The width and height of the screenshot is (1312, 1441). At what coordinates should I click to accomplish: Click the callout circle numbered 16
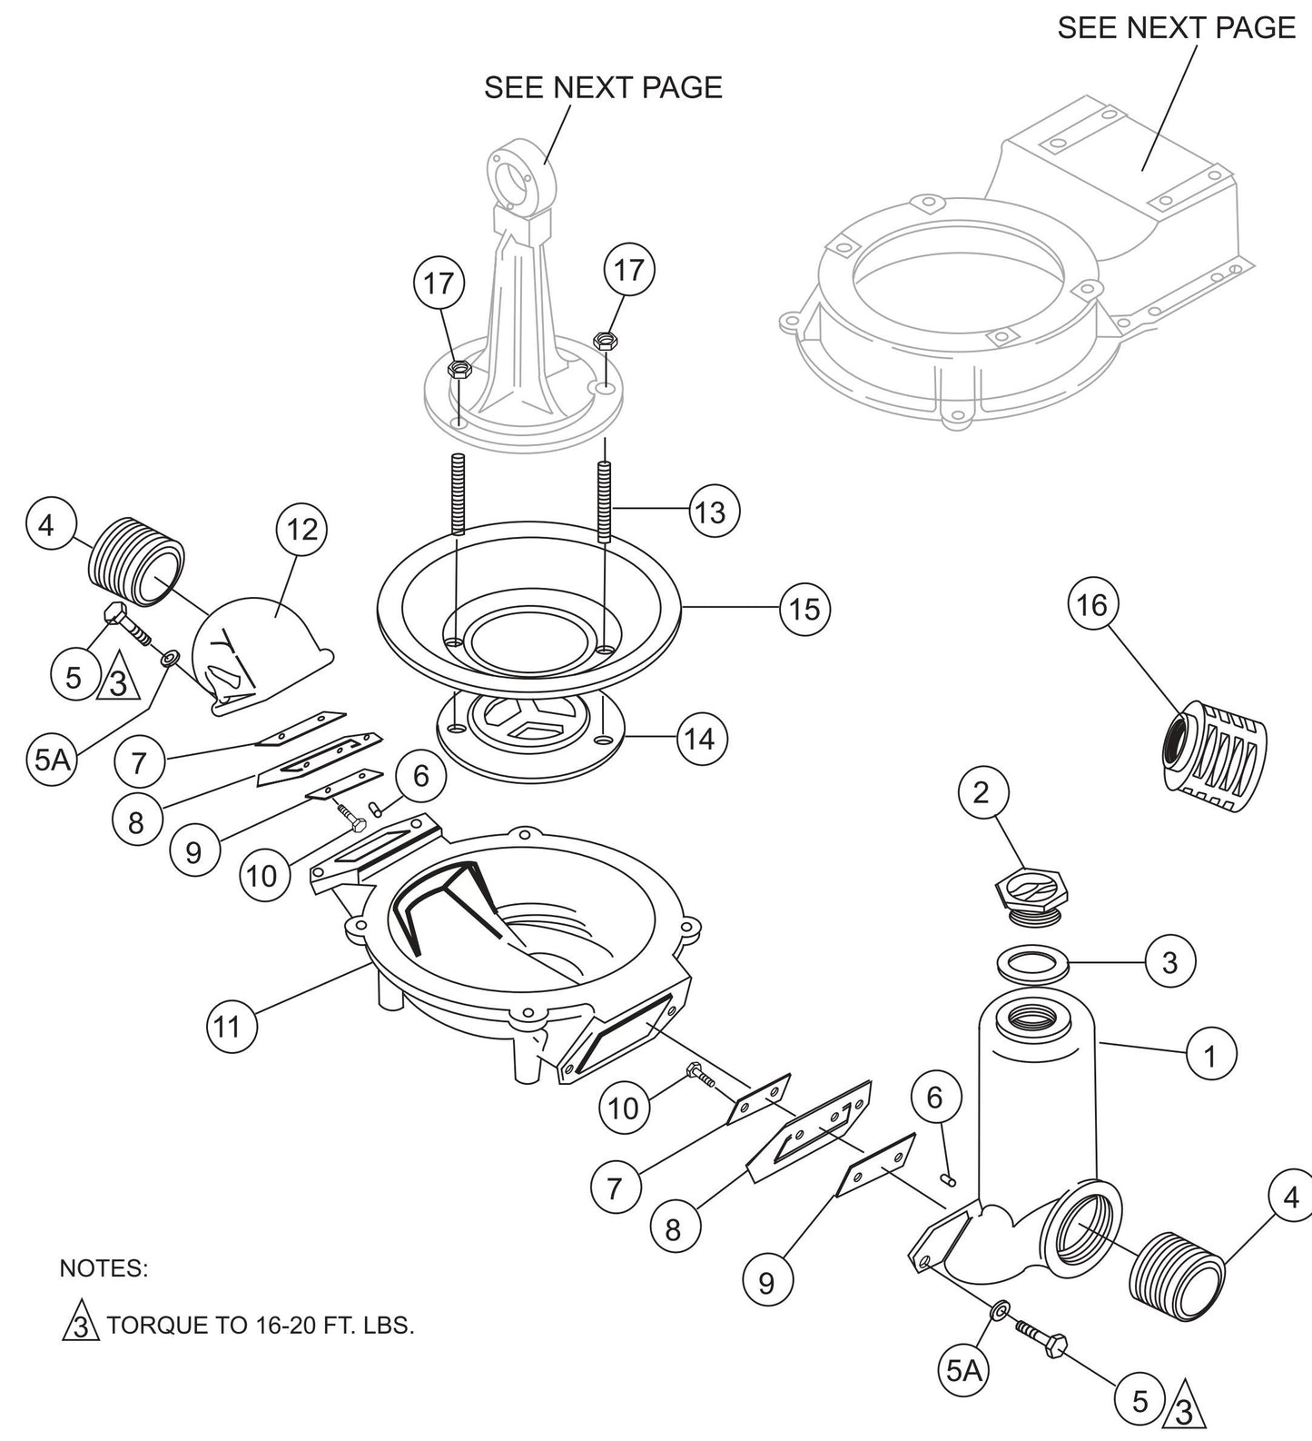tap(1092, 604)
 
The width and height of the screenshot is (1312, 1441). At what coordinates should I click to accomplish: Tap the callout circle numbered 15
tap(804, 609)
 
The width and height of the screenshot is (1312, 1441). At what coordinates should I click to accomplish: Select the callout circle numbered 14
tap(701, 740)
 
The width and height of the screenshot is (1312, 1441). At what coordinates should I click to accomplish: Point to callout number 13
tap(713, 512)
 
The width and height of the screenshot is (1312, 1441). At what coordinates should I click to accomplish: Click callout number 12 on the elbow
tap(301, 529)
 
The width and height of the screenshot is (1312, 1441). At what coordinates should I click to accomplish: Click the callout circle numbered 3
tap(1169, 961)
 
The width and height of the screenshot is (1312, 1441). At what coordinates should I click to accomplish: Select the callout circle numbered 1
tap(1210, 1056)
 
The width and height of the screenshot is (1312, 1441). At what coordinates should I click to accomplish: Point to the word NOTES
tap(103, 1268)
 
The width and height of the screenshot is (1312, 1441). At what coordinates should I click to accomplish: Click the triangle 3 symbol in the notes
tap(79, 1325)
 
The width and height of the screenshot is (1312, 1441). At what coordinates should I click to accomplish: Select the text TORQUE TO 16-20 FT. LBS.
tap(261, 1325)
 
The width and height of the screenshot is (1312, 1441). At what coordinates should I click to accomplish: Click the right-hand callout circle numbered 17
tap(628, 269)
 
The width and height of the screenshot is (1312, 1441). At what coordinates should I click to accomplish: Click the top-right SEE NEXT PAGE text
tap(1176, 27)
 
